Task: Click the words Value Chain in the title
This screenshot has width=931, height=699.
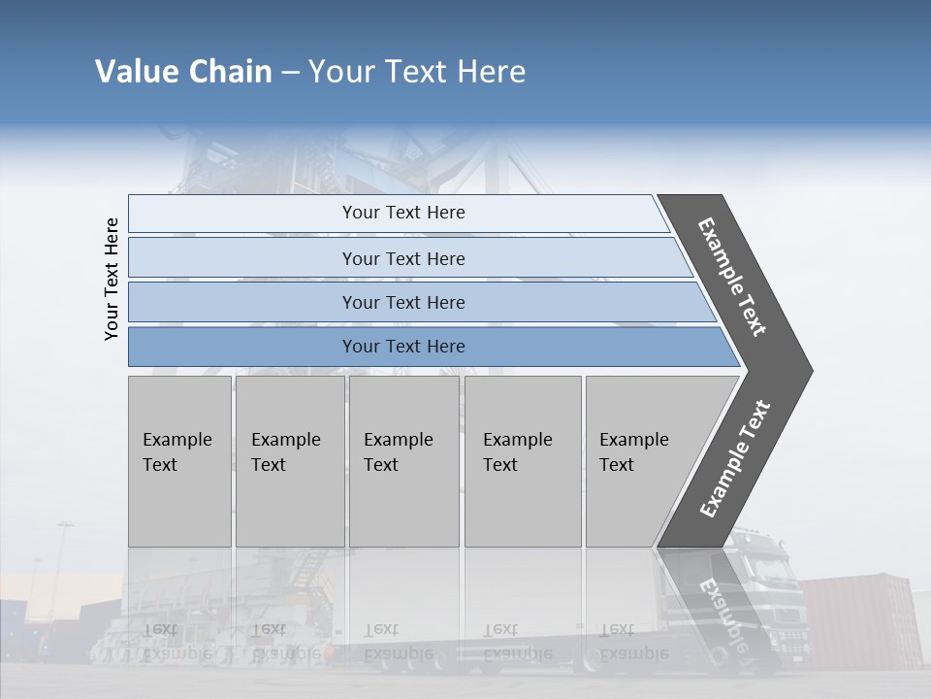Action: click(x=183, y=72)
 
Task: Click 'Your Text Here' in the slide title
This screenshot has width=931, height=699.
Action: click(x=417, y=72)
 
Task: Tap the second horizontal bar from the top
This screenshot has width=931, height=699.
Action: click(x=402, y=258)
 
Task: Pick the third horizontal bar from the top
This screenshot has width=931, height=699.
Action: click(x=402, y=302)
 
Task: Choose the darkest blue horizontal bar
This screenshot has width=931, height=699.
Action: click(x=402, y=347)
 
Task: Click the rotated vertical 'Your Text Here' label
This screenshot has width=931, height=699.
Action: click(x=112, y=279)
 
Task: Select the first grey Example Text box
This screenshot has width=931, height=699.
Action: click(x=179, y=461)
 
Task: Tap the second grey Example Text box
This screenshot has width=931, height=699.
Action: click(x=289, y=461)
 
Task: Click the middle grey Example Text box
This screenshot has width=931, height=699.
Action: click(x=403, y=461)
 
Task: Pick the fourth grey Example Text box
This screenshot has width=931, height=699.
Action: click(x=522, y=461)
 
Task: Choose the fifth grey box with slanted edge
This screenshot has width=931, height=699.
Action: click(x=645, y=461)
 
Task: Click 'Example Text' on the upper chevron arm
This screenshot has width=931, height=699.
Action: click(x=732, y=277)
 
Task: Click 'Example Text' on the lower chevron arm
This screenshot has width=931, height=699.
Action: click(x=734, y=459)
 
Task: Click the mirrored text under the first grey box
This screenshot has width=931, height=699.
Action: click(x=177, y=641)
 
